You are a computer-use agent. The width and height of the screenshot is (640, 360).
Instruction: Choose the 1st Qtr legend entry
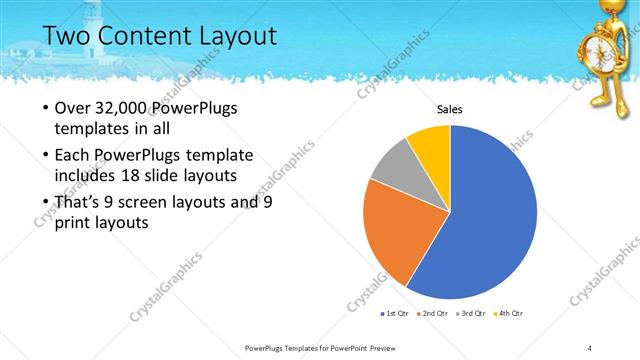(x=394, y=314)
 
